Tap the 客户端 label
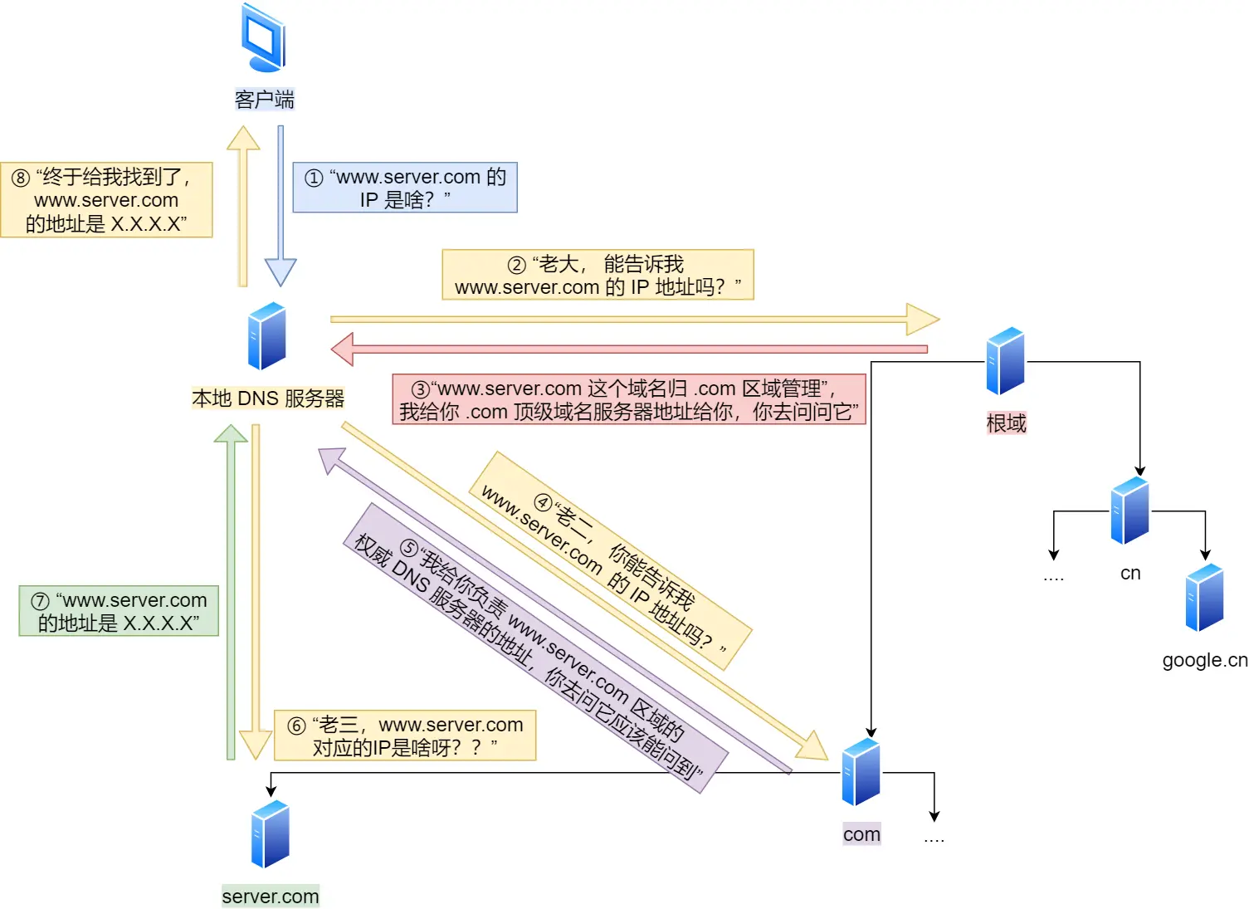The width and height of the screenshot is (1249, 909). (x=264, y=100)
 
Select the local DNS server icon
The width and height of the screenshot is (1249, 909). (x=266, y=336)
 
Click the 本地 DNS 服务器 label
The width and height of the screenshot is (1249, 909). (x=267, y=398)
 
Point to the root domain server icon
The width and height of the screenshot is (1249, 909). (x=1005, y=361)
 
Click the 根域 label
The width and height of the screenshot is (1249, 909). (x=1006, y=423)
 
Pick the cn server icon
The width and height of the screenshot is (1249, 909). (x=1129, y=511)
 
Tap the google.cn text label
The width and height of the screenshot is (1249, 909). (x=1204, y=660)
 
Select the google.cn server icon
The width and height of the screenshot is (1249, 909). (x=1204, y=598)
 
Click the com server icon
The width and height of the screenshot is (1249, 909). (x=861, y=772)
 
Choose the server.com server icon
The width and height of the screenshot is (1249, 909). (x=270, y=834)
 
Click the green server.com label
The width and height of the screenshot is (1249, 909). (x=270, y=897)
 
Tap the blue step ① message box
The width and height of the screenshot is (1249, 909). (x=405, y=188)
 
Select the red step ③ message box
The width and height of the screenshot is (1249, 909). (x=629, y=399)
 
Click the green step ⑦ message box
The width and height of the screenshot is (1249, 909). (x=119, y=611)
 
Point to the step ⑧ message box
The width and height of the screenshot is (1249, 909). (x=106, y=200)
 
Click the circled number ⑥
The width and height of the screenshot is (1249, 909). (x=297, y=726)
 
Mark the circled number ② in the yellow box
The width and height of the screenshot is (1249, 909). (x=516, y=265)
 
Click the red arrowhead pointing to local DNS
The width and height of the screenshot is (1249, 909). (x=342, y=349)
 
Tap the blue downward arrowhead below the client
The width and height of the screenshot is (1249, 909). (x=281, y=273)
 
